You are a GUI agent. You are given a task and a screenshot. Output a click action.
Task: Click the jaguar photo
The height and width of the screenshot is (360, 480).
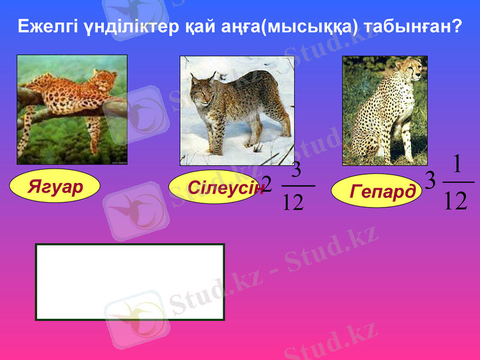point(72,110)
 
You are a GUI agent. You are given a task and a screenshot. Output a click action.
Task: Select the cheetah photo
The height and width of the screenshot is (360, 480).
point(385,110)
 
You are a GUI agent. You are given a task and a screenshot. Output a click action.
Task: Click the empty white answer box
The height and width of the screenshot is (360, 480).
point(130,281)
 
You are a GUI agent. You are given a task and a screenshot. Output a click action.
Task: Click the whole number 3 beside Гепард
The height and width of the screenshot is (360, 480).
point(430,181)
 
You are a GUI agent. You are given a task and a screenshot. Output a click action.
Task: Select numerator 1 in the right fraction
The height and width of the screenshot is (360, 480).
point(457,163)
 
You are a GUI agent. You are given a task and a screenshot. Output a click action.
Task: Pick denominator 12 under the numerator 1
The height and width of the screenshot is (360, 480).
point(456,200)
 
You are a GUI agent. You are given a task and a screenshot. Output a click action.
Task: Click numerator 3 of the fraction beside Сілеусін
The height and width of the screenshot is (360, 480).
point(296,169)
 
